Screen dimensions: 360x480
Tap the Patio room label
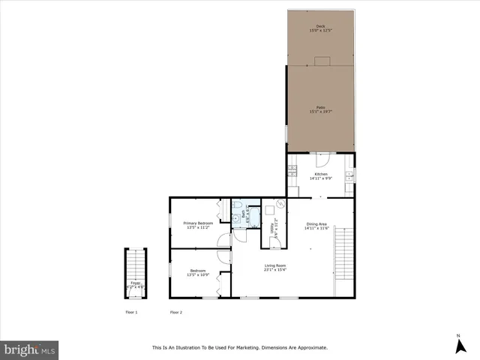[320, 109]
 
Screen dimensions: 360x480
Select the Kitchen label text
[320, 176]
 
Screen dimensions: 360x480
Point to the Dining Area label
[316, 226]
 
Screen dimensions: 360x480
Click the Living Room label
[274, 267]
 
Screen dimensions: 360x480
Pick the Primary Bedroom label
[199, 225]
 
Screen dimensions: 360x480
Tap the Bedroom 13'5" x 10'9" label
[198, 272]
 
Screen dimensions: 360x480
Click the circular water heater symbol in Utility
[280, 203]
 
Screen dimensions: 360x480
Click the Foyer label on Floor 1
[135, 284]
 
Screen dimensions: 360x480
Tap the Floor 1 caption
[131, 312]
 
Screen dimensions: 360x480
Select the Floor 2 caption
[176, 312]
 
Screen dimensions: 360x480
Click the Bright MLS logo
[29, 349]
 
